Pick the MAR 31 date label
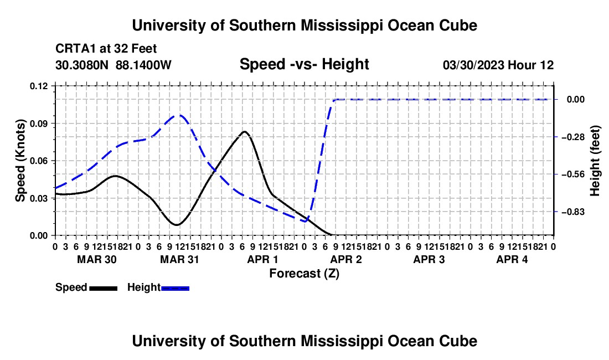click(x=179, y=259)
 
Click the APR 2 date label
click(x=345, y=259)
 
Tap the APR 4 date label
click(x=512, y=259)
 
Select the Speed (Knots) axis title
click(x=20, y=161)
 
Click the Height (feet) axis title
click(x=595, y=161)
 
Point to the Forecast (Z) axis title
click(x=304, y=274)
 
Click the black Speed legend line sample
click(x=104, y=289)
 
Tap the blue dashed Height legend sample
click(x=175, y=289)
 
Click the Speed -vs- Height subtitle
click(x=304, y=64)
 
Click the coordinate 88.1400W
click(x=143, y=65)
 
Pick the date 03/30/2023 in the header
click(x=473, y=65)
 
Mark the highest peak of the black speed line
click(x=244, y=131)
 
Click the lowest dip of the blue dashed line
click(x=306, y=222)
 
